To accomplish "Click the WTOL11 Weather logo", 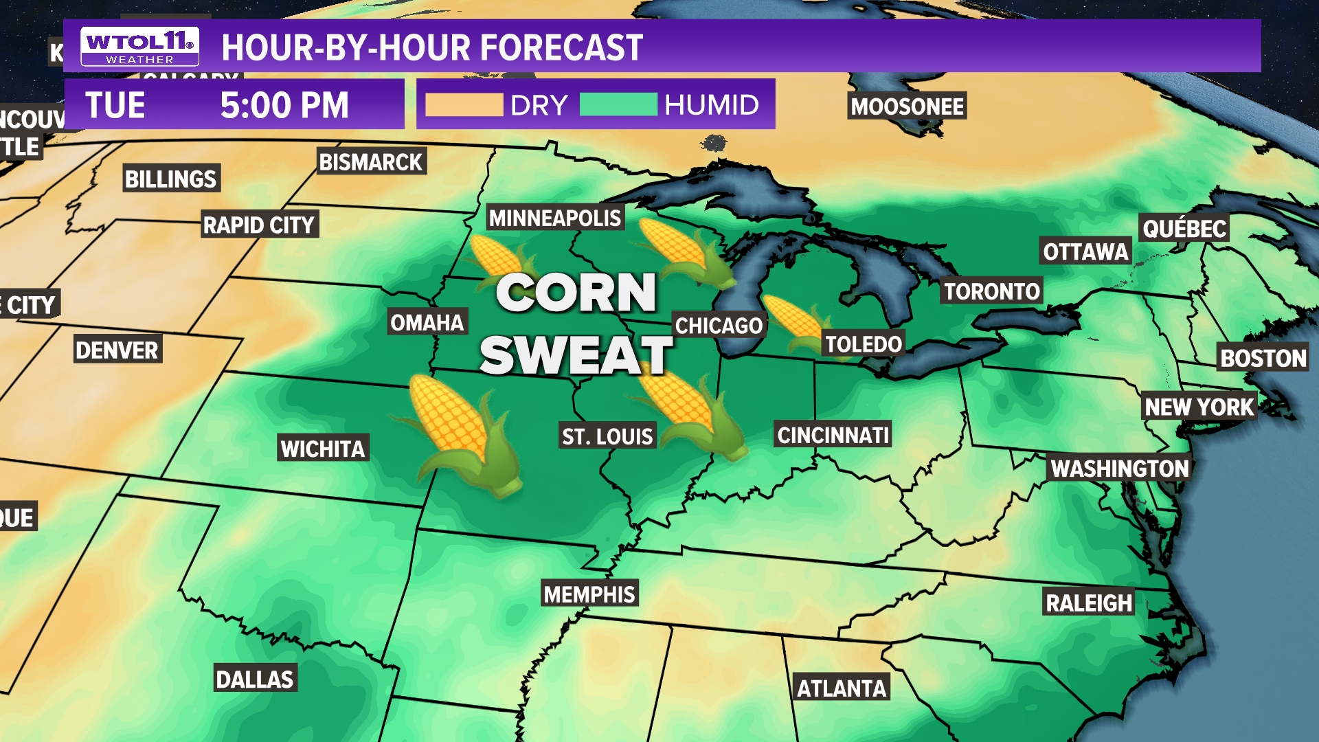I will (139, 47).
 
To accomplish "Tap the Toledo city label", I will (863, 344).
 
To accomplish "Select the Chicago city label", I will (719, 326).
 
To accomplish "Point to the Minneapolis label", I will (555, 218).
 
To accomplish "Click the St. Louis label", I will (607, 436).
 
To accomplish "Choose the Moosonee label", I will (907, 106).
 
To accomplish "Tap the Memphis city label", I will (589, 594).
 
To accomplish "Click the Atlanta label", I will (842, 688).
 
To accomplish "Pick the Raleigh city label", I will (1089, 603).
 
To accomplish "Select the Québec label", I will (1184, 228).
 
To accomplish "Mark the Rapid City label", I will (259, 225).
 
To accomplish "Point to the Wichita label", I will (323, 449).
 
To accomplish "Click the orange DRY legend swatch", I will (464, 105).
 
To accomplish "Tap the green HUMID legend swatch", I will (618, 105).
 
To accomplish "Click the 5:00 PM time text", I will (284, 105).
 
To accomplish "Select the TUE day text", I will (115, 105).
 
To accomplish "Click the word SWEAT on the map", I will (576, 355).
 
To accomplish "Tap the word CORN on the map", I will (576, 293).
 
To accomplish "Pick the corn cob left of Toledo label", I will (793, 322).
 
